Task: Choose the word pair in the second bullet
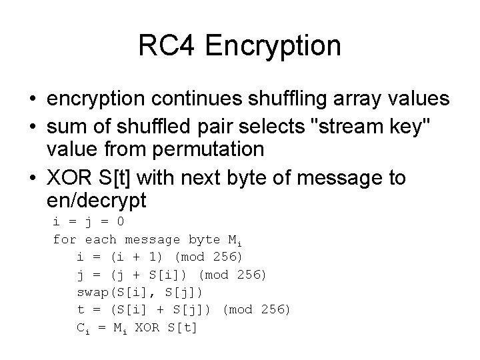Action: click(x=222, y=125)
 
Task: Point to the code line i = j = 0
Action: click(x=89, y=221)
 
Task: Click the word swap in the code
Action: click(x=92, y=292)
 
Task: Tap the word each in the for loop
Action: click(x=102, y=239)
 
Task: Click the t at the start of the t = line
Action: click(x=80, y=309)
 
